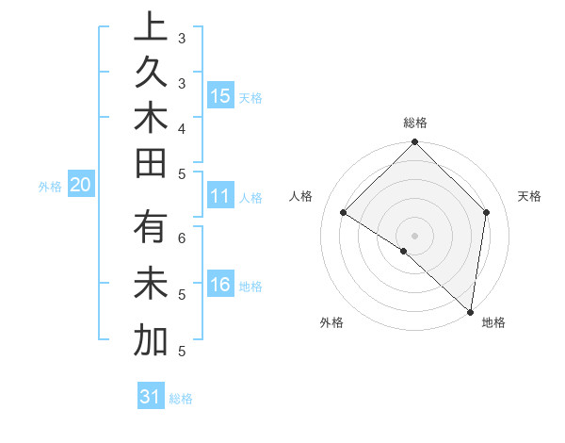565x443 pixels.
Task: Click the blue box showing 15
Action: [x=221, y=95]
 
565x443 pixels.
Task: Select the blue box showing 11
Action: [x=220, y=196]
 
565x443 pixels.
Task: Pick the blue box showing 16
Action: [x=220, y=285]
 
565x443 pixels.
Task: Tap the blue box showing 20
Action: [x=81, y=186]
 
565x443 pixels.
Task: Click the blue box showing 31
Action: [x=150, y=397]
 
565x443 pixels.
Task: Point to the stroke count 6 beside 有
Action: [x=182, y=237]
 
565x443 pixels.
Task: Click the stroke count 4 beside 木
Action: [x=182, y=127]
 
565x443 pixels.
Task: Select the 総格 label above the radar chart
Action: [x=415, y=123]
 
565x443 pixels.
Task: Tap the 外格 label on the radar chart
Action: [x=331, y=322]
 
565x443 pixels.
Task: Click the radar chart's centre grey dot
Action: [x=414, y=235]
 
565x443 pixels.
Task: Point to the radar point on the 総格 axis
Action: [x=414, y=143]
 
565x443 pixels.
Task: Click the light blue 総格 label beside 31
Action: [x=181, y=399]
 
